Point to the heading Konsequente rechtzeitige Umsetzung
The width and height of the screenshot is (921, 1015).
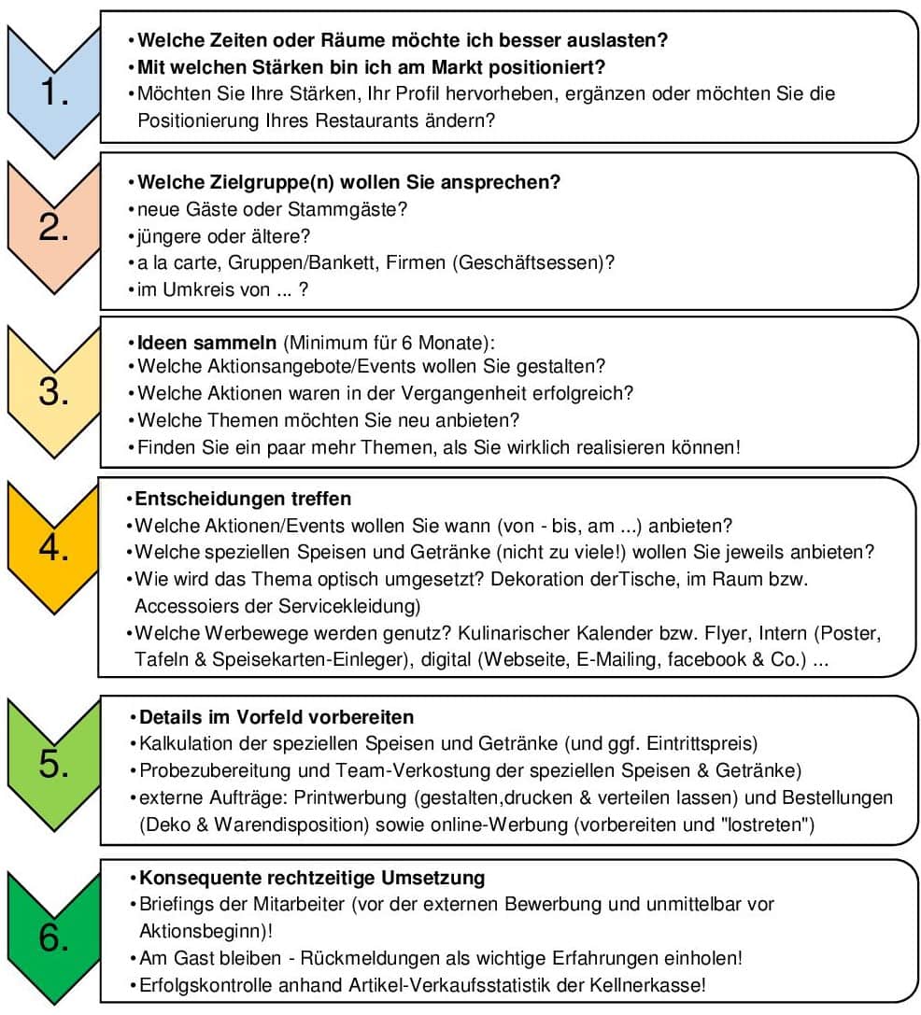tap(311, 879)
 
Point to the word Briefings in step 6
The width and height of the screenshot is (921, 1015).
tap(176, 905)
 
